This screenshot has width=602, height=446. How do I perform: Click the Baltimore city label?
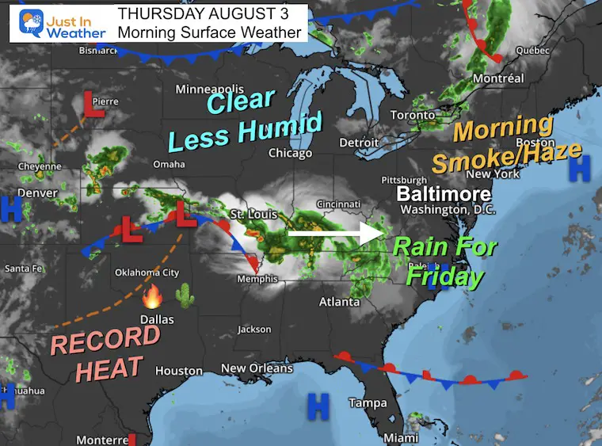point(444,193)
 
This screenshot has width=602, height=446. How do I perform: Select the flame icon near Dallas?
point(151,298)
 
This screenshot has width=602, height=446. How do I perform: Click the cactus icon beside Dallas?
point(183,295)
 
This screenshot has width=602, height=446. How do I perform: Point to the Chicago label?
point(290,153)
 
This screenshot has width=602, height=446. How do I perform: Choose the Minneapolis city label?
point(211,88)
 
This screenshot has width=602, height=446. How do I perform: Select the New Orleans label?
point(257,368)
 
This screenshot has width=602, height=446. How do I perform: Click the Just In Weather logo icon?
point(31,21)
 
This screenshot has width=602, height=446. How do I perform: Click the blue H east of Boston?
point(581,167)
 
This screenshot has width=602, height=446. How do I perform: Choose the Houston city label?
point(179,371)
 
